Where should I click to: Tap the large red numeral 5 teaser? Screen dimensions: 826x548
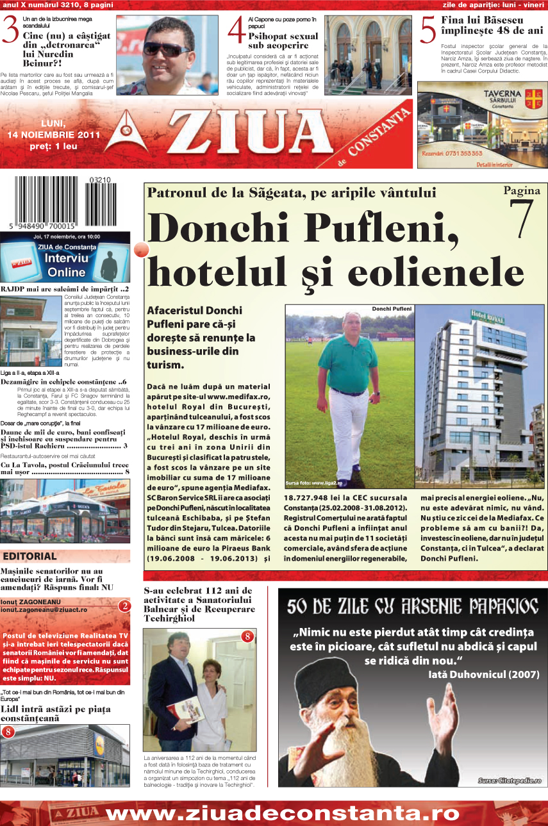pos(428,31)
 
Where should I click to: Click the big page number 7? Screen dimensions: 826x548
pos(522,220)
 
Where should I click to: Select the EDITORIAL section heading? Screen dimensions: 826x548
pos(30,556)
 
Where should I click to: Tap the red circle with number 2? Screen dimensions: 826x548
pos(125,606)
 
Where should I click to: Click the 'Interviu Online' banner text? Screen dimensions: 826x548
pos(66,265)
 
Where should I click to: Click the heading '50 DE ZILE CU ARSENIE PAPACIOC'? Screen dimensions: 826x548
pos(412,606)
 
